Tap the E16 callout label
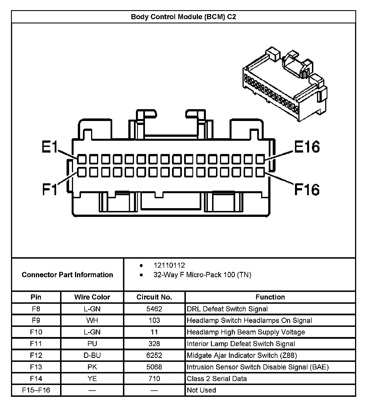[x=307, y=147]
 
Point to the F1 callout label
[x=50, y=189]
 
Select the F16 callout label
[x=307, y=189]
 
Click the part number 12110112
[x=169, y=265]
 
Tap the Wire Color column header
[x=92, y=297]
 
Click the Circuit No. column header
[x=154, y=297]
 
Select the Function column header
[x=270, y=297]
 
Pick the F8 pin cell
[x=36, y=309]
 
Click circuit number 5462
[x=154, y=309]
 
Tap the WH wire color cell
[x=92, y=320]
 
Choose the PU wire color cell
[x=92, y=344]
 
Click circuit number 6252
[x=154, y=355]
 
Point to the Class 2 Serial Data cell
[x=217, y=378]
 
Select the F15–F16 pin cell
[x=36, y=390]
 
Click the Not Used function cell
[x=201, y=390]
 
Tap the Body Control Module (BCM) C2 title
[x=183, y=17]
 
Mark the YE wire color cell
[x=92, y=378]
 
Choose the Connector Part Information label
[x=67, y=275]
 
